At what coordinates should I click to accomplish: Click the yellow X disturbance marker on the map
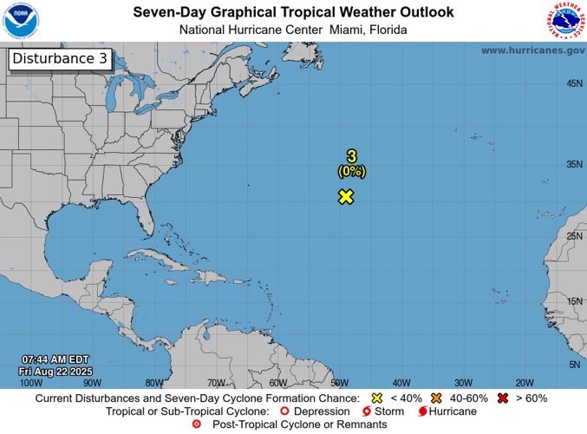click(346, 196)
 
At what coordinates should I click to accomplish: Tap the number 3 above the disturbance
click(351, 156)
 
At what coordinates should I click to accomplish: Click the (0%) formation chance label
click(351, 172)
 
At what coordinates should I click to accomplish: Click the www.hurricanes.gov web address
click(532, 50)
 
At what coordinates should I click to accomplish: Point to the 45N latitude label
click(573, 83)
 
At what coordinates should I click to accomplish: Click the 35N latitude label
click(573, 163)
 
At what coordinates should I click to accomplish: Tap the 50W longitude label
click(339, 382)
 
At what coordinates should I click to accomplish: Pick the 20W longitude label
click(524, 382)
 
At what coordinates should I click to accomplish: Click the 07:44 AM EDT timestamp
click(55, 359)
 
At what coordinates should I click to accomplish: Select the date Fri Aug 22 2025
click(55, 371)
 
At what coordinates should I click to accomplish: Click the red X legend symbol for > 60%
click(501, 398)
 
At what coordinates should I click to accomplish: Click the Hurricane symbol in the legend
click(422, 411)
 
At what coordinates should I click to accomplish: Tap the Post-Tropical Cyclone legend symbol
click(196, 424)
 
